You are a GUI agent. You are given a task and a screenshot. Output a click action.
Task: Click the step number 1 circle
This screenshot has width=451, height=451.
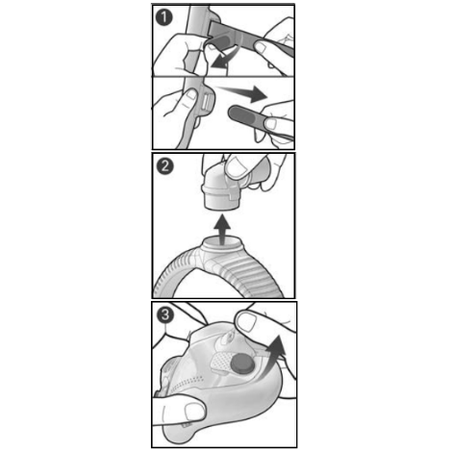coord(163,17)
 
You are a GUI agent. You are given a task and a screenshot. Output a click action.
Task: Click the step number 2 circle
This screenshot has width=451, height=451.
coord(164,165)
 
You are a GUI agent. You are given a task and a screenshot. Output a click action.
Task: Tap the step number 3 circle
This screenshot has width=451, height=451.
coord(165,314)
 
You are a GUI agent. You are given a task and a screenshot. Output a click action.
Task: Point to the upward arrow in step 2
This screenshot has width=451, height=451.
coord(222,230)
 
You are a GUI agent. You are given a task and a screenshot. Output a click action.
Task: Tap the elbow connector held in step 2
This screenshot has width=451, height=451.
coord(224,186)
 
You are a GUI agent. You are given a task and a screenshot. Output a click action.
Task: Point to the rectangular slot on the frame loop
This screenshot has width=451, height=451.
coord(206,102)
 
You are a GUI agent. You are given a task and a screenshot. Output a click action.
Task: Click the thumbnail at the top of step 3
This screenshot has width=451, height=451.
coord(246,320)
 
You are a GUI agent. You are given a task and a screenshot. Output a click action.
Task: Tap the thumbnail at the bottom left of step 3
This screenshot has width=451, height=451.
coord(194,411)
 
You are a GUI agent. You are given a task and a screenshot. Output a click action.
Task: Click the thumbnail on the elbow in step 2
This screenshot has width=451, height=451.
coord(237,166)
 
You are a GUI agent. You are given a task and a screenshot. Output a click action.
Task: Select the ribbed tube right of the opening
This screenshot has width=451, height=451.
coord(257,272)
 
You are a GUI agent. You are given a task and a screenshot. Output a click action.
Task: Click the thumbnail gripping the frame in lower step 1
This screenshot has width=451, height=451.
coord(192,94)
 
